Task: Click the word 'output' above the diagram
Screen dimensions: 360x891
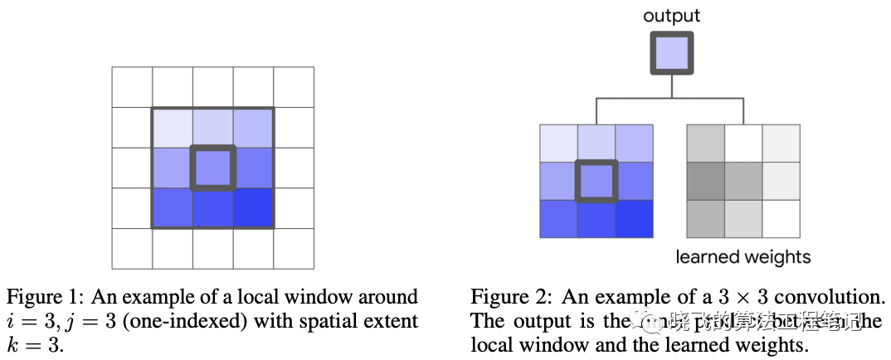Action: (672, 15)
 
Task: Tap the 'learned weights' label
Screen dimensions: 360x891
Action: (743, 256)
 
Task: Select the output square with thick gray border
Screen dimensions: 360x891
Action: (670, 55)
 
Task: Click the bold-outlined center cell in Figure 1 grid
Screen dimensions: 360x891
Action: (213, 168)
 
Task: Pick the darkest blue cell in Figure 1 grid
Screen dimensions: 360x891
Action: (254, 208)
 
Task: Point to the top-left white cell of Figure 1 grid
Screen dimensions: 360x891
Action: (133, 87)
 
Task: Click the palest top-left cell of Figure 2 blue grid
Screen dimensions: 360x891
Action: (558, 144)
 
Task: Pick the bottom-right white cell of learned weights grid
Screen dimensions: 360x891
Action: (781, 219)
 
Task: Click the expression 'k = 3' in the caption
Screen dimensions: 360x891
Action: (34, 344)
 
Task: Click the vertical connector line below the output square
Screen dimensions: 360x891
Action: (670, 87)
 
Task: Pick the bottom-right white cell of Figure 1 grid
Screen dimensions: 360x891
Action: (294, 248)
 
